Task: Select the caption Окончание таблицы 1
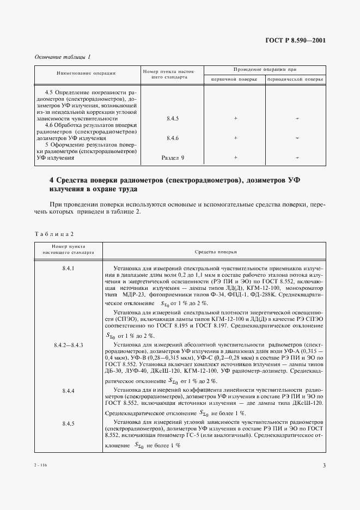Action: point(63,57)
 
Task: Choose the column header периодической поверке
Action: point(295,79)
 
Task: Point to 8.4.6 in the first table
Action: point(173,138)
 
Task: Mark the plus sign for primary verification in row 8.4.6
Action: point(235,138)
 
